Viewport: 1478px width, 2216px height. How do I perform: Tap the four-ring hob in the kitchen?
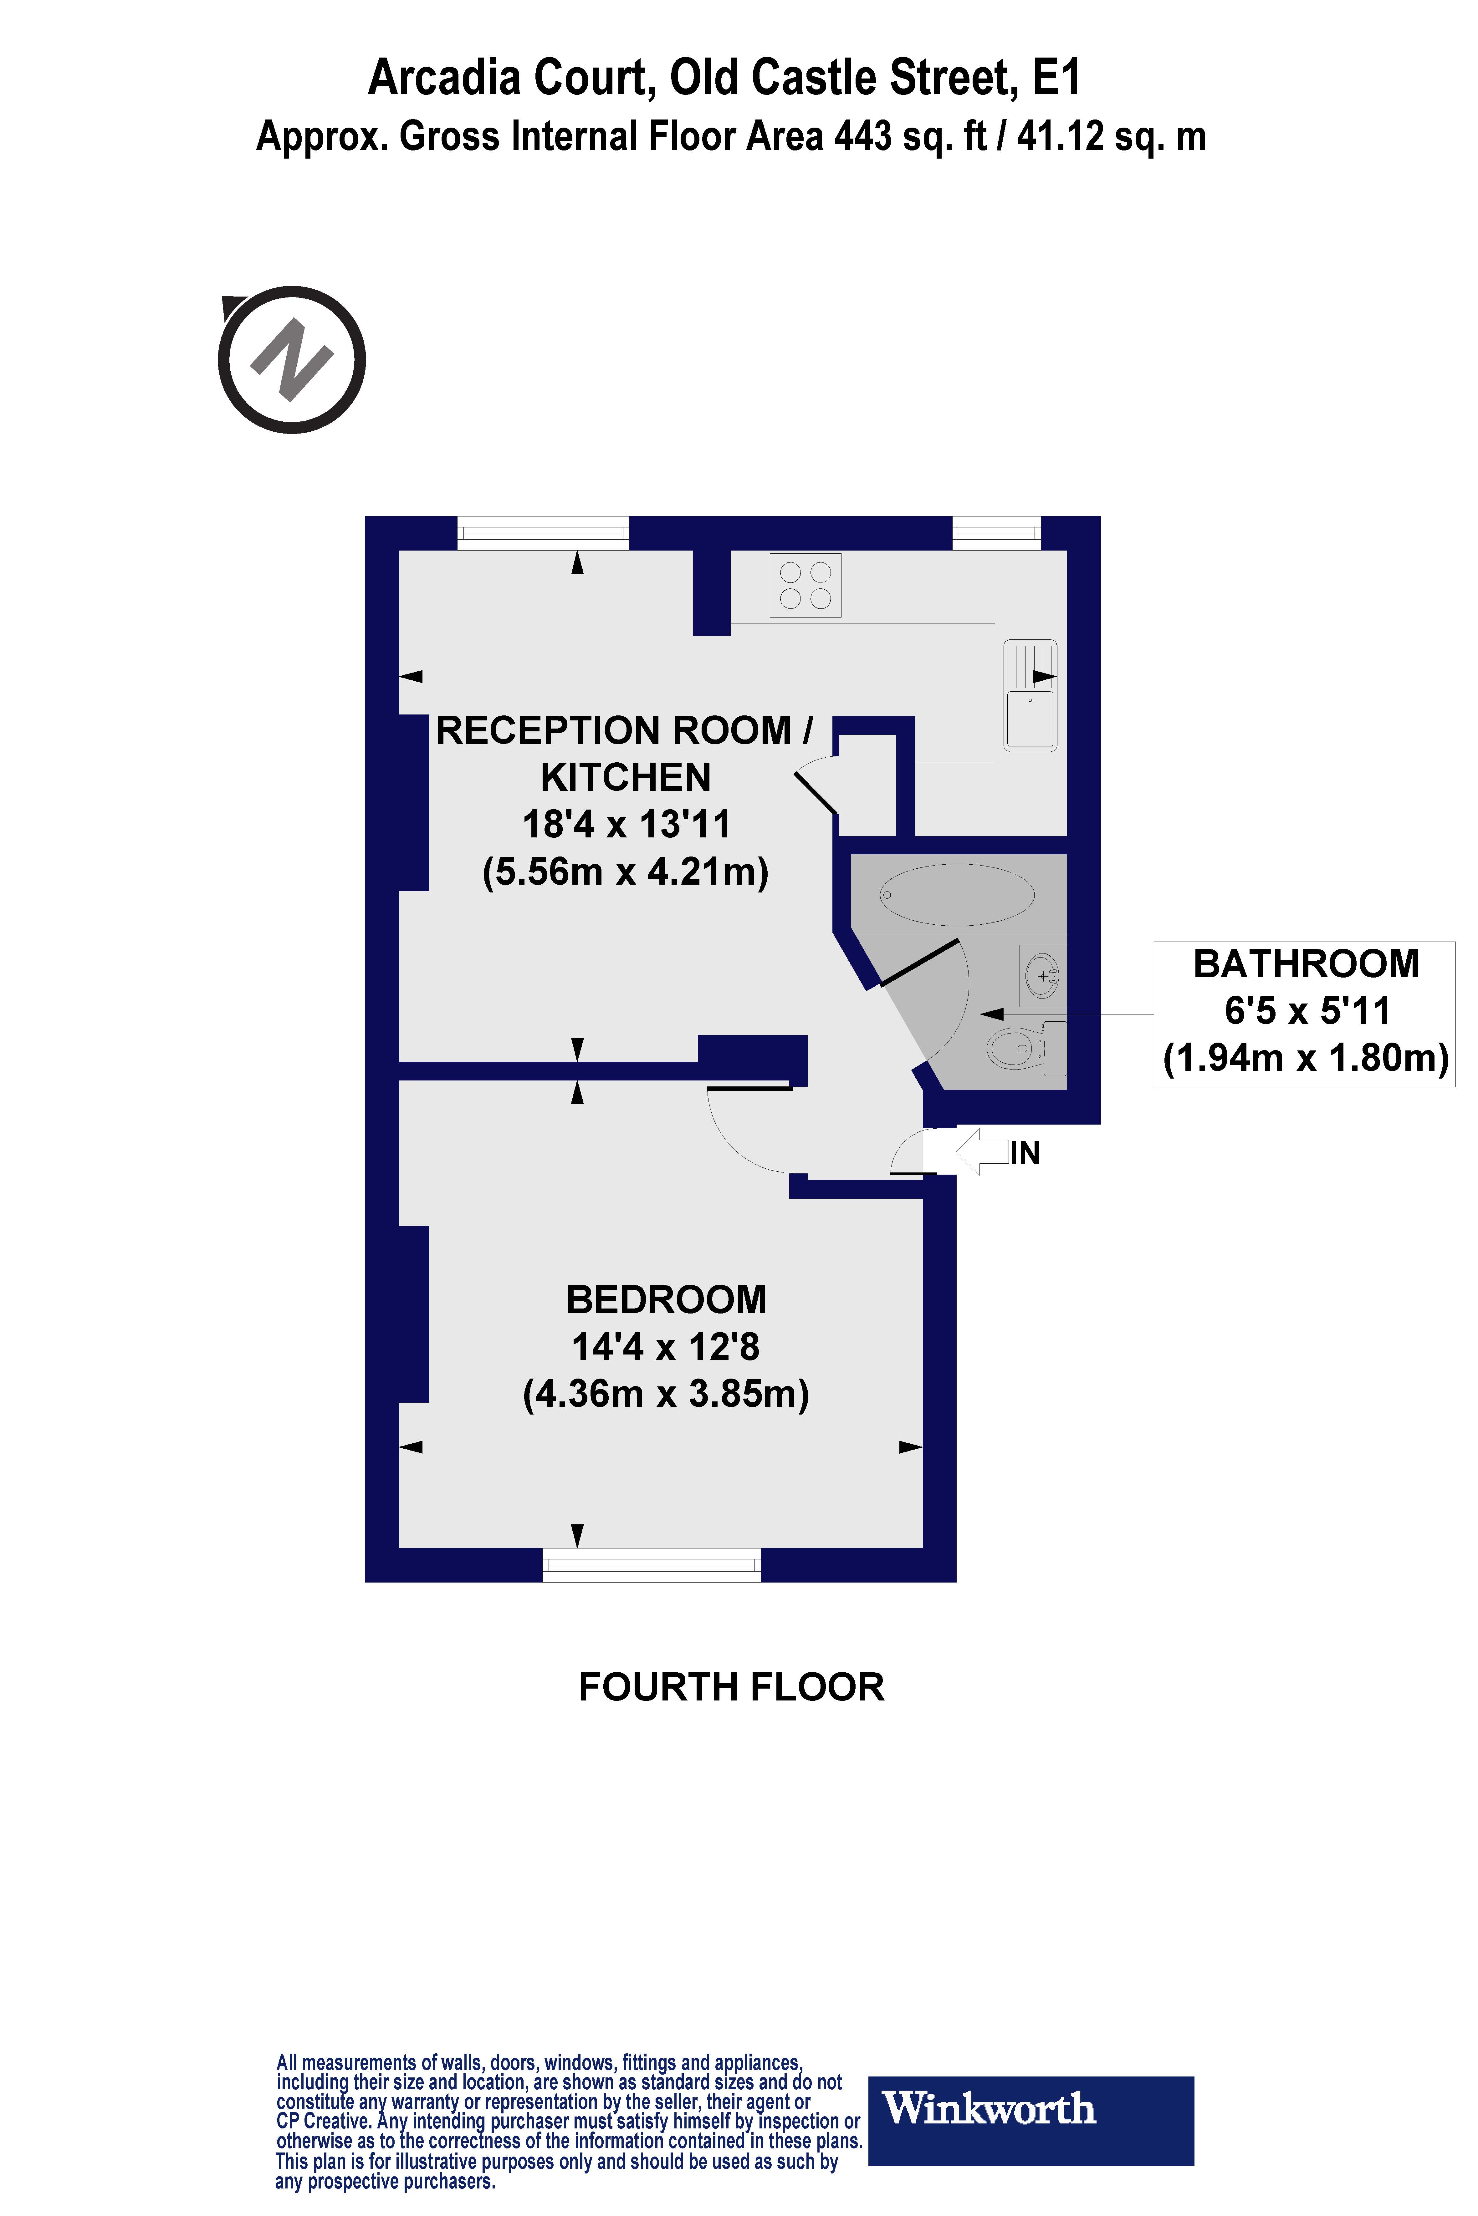(x=805, y=585)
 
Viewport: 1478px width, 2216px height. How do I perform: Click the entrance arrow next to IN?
(x=982, y=1151)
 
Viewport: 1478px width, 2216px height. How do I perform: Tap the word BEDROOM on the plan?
(x=666, y=1300)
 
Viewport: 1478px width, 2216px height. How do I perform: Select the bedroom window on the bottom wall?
(x=651, y=1566)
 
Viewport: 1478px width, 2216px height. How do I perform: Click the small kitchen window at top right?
(x=996, y=533)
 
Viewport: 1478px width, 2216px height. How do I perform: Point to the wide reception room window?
(x=543, y=533)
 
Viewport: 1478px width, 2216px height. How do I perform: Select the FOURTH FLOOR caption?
(x=731, y=1687)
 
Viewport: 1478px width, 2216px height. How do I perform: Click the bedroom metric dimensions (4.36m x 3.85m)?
(x=666, y=1394)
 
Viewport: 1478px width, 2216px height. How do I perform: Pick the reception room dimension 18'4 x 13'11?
(x=626, y=824)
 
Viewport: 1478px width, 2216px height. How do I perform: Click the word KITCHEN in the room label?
(x=626, y=777)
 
